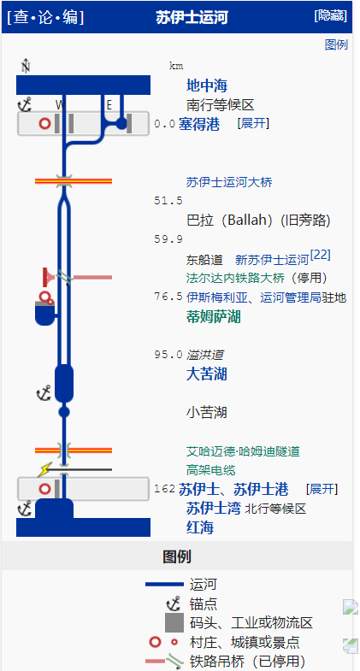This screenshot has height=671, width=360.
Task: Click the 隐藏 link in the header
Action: pyautogui.click(x=330, y=16)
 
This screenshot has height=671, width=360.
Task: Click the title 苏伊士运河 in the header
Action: pyautogui.click(x=192, y=17)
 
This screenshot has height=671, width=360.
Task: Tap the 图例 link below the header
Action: pyautogui.click(x=336, y=44)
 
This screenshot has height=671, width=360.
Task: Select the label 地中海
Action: pyautogui.click(x=207, y=85)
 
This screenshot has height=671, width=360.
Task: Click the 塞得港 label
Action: pyautogui.click(x=199, y=125)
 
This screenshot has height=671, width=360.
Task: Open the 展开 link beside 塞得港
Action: pyautogui.click(x=253, y=124)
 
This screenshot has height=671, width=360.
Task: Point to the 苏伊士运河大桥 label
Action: pyautogui.click(x=229, y=183)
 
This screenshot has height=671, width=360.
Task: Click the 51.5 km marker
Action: pyautogui.click(x=168, y=201)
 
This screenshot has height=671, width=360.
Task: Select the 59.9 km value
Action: pyautogui.click(x=168, y=239)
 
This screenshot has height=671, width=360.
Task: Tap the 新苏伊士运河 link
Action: pyautogui.click(x=272, y=260)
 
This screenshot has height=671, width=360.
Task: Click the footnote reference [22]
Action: pyautogui.click(x=321, y=255)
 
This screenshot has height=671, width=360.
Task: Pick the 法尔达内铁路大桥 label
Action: pyautogui.click(x=235, y=278)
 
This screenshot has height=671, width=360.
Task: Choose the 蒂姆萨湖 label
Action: pyautogui.click(x=213, y=317)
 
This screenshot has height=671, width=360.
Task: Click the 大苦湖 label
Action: pyautogui.click(x=206, y=374)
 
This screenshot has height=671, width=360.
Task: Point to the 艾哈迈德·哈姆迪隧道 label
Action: pyautogui.click(x=243, y=451)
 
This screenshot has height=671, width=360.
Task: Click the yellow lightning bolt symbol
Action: pyautogui.click(x=44, y=470)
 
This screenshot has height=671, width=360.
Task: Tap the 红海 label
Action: pyautogui.click(x=200, y=527)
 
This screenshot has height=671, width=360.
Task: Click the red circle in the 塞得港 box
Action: pyautogui.click(x=44, y=124)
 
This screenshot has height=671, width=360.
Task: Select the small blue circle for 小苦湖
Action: pyautogui.click(x=64, y=412)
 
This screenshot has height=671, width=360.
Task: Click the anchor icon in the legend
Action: pyautogui.click(x=174, y=604)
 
